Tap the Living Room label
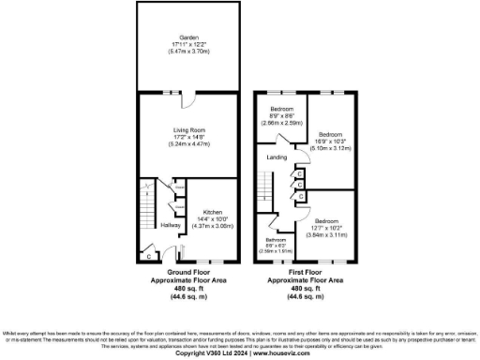click(x=184, y=129)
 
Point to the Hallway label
click(x=170, y=225)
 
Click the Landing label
click(x=277, y=157)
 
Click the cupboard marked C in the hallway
click(x=149, y=253)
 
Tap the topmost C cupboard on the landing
click(x=299, y=173)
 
